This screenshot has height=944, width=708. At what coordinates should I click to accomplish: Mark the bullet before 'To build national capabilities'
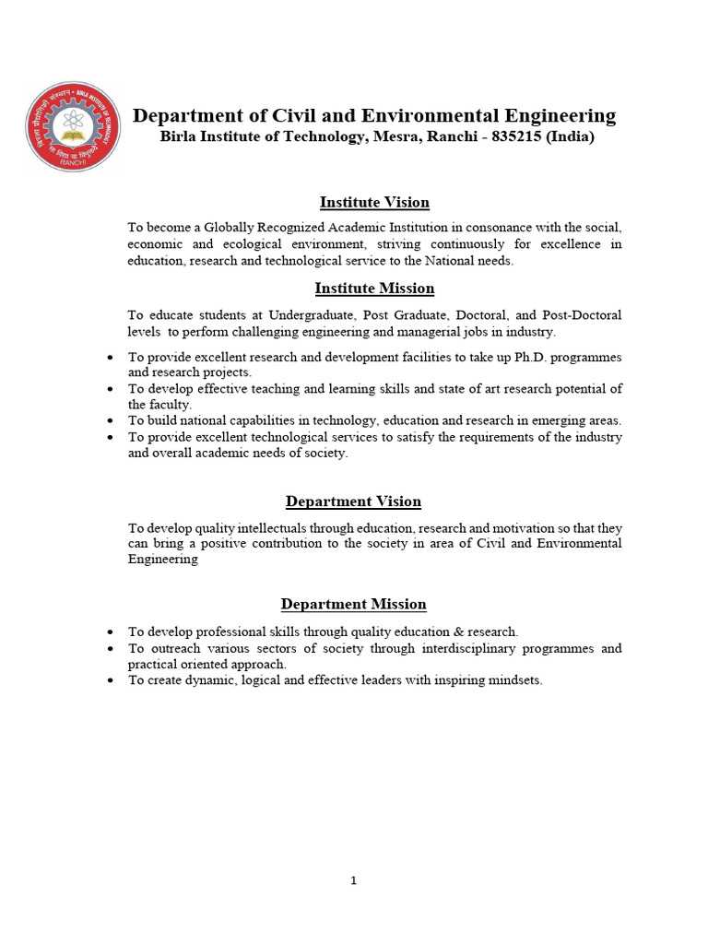(x=111, y=420)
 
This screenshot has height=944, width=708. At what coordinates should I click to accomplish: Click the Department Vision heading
(x=353, y=501)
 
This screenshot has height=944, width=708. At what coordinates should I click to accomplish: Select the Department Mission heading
(x=353, y=605)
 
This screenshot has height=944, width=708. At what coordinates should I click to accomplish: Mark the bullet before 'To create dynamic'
(x=111, y=680)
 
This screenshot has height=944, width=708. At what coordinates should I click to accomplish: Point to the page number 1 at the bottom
(x=353, y=880)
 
